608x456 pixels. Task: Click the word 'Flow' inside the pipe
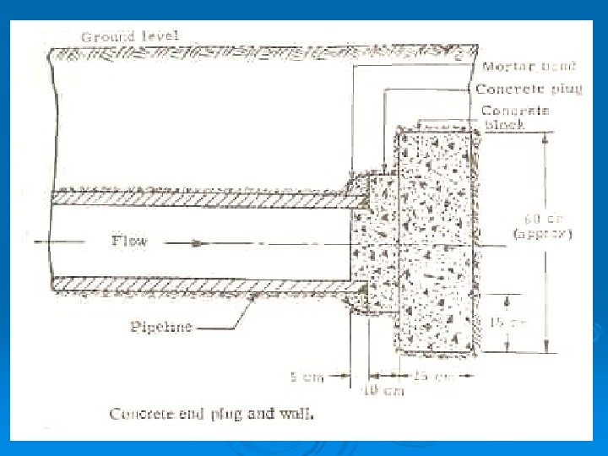(129, 242)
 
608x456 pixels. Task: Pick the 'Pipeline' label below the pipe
(160, 327)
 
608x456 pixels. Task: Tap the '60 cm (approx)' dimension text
(544, 225)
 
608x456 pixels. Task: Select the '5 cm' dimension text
(307, 377)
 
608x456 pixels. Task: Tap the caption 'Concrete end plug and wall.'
(211, 414)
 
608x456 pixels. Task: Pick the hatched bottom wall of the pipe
(203, 286)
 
